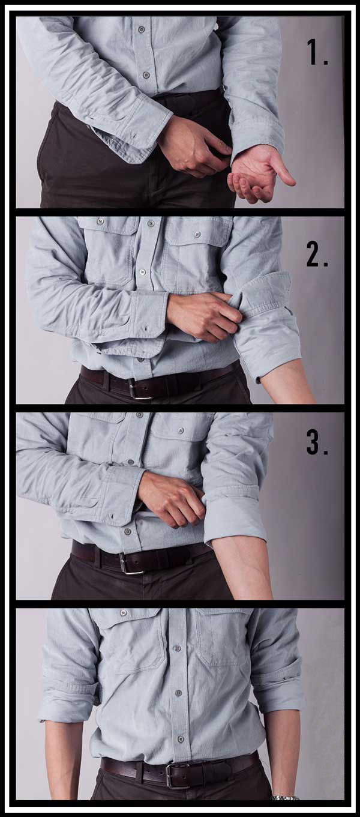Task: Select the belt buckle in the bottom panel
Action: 178,775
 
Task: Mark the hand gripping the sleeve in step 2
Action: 204,315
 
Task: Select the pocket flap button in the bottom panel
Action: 124,613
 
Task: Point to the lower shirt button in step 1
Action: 146,74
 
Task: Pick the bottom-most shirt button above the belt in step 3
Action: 128,531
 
